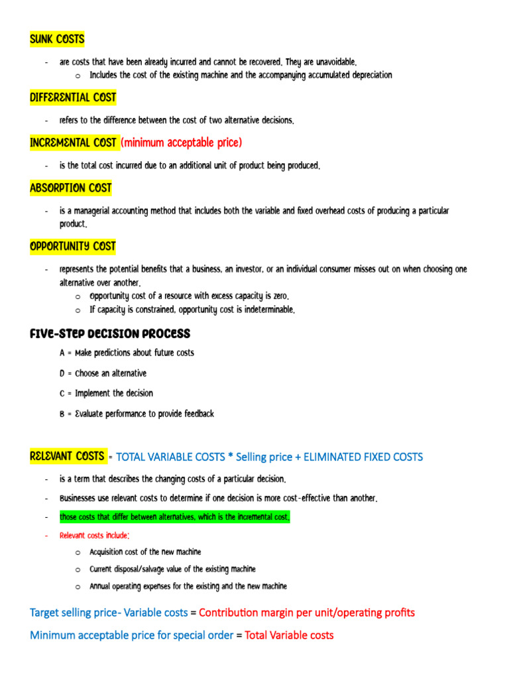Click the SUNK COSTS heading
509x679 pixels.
tap(57, 39)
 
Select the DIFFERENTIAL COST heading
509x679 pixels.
tap(73, 97)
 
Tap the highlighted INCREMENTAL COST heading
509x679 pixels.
tap(74, 143)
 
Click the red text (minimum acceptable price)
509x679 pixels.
tap(182, 143)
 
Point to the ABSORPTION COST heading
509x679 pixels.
tap(71, 188)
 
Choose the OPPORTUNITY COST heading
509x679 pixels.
tap(73, 247)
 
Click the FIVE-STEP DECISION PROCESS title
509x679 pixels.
tap(110, 334)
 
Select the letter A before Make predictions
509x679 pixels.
tap(62, 353)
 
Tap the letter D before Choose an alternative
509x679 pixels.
tap(62, 373)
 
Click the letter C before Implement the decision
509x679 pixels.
tap(62, 393)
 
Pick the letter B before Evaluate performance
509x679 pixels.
tap(62, 414)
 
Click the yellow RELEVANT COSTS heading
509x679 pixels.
tap(67, 456)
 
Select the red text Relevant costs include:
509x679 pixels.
tap(94, 535)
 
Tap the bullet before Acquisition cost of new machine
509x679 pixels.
tap(78, 552)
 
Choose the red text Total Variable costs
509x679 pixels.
tap(289, 635)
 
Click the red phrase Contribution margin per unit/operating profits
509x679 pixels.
tap(307, 613)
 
